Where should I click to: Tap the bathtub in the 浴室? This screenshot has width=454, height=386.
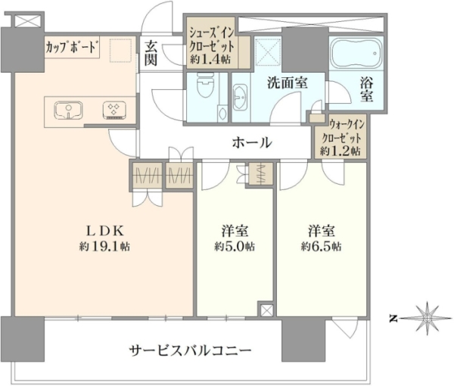pyautogui.click(x=356, y=53)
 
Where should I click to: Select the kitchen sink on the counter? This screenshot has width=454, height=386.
pyautogui.click(x=69, y=111)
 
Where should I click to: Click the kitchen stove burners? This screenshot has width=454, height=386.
pyautogui.click(x=114, y=111)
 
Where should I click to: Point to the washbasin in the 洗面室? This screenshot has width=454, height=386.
pyautogui.click(x=240, y=98)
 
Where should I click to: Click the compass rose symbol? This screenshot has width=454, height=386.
pyautogui.click(x=427, y=319)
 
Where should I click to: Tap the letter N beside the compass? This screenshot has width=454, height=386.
pyautogui.click(x=393, y=319)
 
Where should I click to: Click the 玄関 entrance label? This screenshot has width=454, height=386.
pyautogui.click(x=151, y=53)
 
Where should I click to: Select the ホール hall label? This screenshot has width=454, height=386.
pyautogui.click(x=252, y=142)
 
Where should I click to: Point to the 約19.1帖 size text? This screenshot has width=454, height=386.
pyautogui.click(x=104, y=247)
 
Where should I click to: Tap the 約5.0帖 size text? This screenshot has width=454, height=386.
pyautogui.click(x=235, y=247)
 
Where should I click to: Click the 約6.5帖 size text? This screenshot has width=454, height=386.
pyautogui.click(x=321, y=247)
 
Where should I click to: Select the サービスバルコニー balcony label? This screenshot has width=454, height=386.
pyautogui.click(x=190, y=351)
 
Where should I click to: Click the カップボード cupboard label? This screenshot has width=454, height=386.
pyautogui.click(x=71, y=48)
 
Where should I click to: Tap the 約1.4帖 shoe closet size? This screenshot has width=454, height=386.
pyautogui.click(x=210, y=60)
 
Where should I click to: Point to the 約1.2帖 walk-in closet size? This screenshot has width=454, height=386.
pyautogui.click(x=340, y=151)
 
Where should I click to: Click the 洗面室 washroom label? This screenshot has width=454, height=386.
pyautogui.click(x=287, y=83)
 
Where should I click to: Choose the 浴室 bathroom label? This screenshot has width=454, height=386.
pyautogui.click(x=366, y=90)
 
